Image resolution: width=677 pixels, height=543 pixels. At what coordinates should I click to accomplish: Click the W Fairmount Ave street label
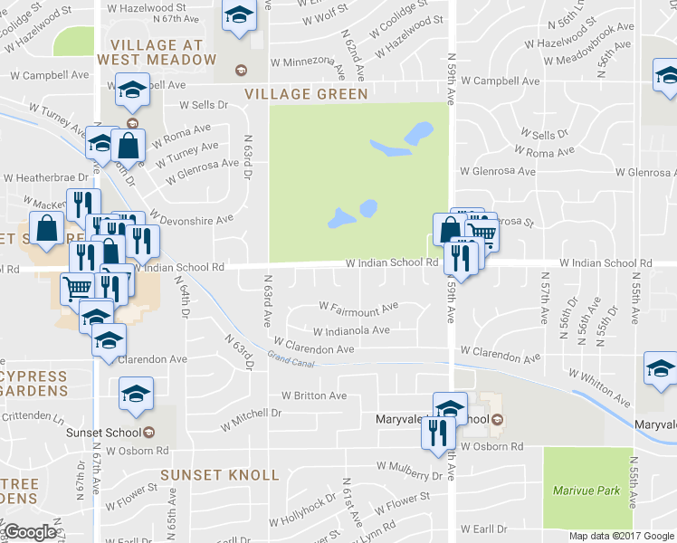[x=358, y=307]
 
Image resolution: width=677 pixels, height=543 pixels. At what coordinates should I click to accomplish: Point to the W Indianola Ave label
[x=351, y=330]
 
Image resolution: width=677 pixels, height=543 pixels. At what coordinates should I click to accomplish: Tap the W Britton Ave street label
[x=314, y=395]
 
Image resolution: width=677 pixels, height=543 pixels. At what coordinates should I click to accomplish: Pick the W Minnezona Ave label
[x=308, y=64]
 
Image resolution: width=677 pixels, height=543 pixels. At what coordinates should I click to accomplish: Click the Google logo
[x=30, y=532]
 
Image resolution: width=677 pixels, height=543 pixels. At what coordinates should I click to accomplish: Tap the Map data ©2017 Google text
[x=622, y=536]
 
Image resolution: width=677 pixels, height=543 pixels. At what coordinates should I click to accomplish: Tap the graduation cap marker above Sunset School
[x=137, y=393]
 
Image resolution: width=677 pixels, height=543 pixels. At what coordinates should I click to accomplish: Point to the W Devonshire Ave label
[x=192, y=217]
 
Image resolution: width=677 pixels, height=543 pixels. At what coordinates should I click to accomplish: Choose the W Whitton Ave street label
[x=599, y=385]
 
